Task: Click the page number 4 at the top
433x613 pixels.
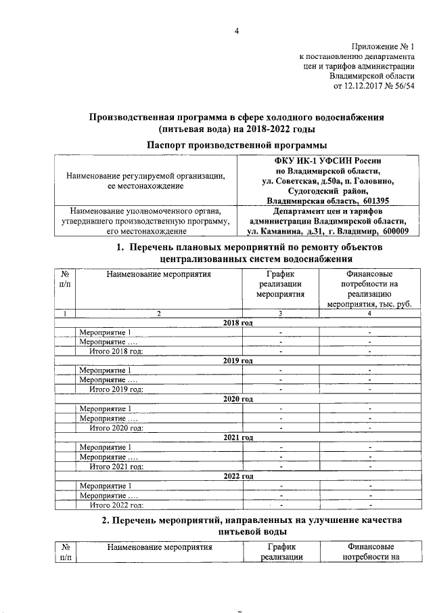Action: (x=237, y=30)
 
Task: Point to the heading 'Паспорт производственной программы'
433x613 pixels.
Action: (x=237, y=144)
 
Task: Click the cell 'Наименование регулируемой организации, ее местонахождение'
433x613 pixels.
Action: (x=145, y=180)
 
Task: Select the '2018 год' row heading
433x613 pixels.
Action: (x=237, y=323)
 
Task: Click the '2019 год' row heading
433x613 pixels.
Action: (x=237, y=361)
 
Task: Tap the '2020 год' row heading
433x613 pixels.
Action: (x=237, y=399)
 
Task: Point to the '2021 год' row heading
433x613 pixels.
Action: (x=237, y=438)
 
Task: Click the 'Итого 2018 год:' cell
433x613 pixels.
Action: (x=117, y=351)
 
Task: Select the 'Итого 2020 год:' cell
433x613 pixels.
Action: (x=117, y=427)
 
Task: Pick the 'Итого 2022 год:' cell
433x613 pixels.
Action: (x=117, y=505)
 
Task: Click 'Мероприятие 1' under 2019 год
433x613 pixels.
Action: (x=105, y=371)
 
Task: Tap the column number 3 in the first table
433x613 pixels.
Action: (x=280, y=314)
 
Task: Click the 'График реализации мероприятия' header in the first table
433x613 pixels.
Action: (x=280, y=284)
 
